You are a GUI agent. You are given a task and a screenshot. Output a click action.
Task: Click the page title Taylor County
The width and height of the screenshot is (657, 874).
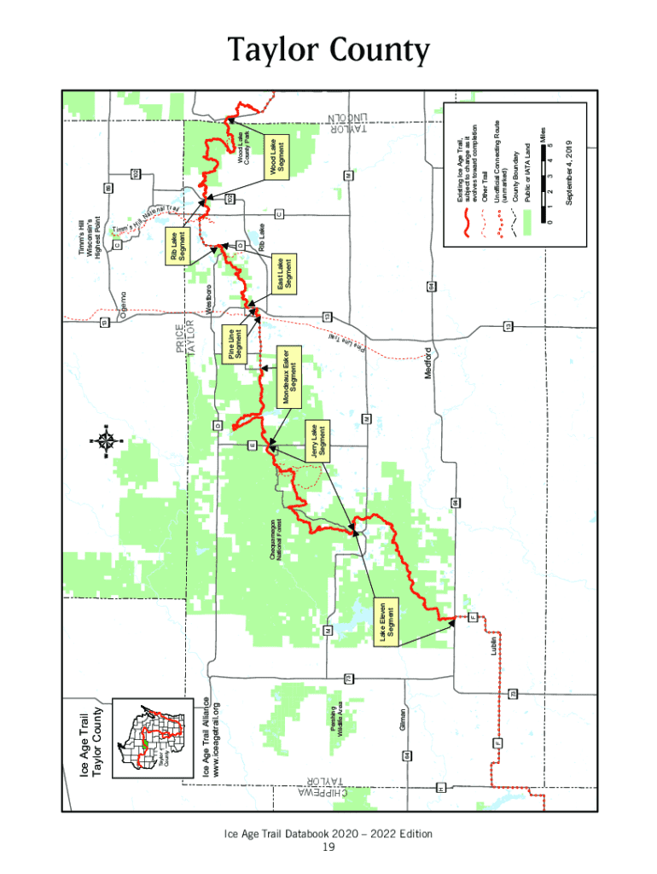[x=328, y=52]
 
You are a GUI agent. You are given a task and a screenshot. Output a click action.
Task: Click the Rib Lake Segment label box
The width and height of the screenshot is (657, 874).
[x=179, y=246]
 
